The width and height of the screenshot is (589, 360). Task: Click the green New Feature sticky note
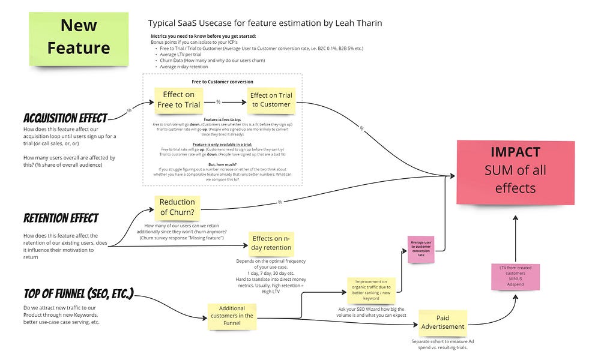pos(79,37)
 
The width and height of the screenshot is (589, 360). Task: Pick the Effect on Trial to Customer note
pos(271,100)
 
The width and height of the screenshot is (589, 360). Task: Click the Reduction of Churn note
pos(177,206)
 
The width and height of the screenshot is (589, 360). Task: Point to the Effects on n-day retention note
pos(272,243)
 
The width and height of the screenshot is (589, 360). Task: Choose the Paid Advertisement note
pos(443,323)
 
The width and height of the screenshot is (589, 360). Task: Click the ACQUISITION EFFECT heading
pos(65,118)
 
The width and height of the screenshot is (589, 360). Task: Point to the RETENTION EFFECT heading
pos(61,217)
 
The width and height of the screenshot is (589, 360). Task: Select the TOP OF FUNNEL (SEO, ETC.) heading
pos(78,294)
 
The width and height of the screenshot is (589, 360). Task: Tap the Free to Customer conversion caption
pos(222,82)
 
